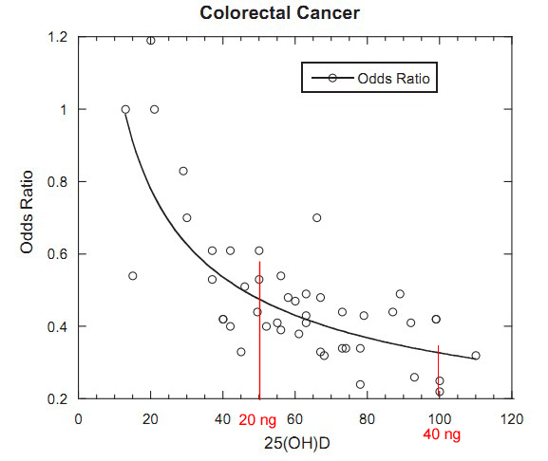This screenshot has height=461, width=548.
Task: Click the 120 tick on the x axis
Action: tap(511, 417)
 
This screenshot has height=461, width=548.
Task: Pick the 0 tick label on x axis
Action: tap(79, 417)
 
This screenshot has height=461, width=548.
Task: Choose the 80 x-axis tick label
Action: tap(367, 417)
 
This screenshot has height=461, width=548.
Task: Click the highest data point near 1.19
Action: tap(151, 40)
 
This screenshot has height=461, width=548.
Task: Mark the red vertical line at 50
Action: tap(259, 332)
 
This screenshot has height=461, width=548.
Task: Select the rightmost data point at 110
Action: tap(476, 356)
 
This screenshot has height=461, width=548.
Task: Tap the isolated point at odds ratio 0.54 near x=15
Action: tap(133, 276)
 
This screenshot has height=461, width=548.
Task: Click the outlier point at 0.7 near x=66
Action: tap(317, 217)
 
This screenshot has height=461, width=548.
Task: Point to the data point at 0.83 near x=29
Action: tap(183, 171)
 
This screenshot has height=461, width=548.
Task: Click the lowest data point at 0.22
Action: tap(440, 392)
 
